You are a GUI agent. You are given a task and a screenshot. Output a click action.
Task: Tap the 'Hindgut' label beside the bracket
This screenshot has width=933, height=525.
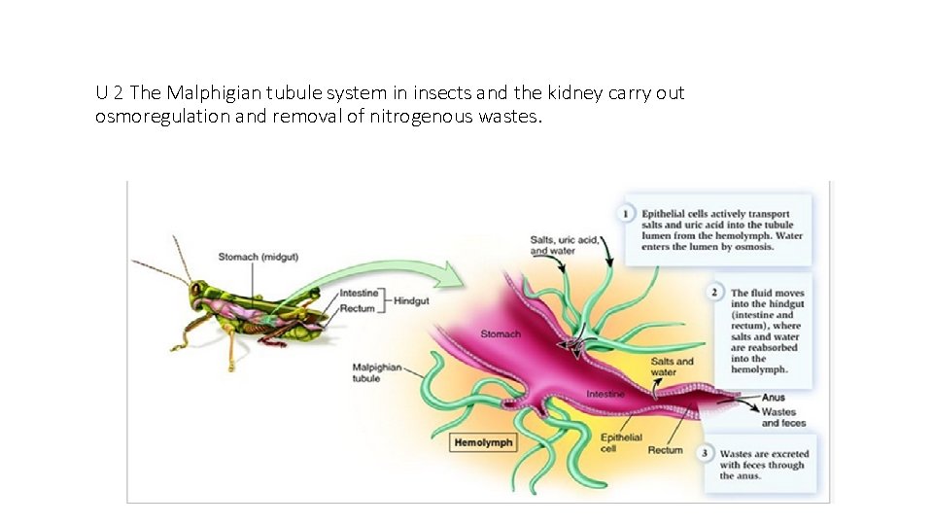click(409, 301)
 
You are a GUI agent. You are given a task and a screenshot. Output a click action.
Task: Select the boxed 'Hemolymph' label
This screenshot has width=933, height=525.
click(483, 442)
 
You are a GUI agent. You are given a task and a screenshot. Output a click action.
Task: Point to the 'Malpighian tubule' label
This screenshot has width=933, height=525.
click(377, 372)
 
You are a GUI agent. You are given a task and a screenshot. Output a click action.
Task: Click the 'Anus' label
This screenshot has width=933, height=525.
click(774, 398)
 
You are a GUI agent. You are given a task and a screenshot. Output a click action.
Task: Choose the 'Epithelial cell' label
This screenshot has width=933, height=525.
click(621, 443)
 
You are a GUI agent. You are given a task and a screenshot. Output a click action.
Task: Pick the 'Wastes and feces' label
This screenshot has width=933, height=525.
click(783, 418)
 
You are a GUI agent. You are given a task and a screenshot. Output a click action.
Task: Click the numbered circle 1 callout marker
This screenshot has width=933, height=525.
click(627, 212)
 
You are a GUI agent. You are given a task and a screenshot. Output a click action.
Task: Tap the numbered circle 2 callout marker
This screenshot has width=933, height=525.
click(715, 293)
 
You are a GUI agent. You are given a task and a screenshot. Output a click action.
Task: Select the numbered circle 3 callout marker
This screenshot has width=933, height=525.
click(705, 453)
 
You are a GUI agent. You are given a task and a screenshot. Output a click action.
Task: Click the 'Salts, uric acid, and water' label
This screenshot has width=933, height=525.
click(563, 244)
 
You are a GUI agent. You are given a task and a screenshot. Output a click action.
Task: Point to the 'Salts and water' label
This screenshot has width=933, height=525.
click(672, 367)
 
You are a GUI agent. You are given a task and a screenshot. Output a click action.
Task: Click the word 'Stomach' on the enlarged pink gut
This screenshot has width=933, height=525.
click(501, 334)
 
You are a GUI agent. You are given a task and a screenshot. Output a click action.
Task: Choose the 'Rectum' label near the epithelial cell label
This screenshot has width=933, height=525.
click(666, 450)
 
